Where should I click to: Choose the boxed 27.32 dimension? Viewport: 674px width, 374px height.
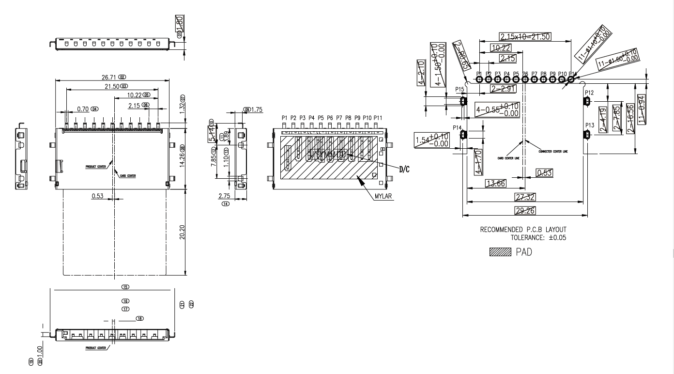525,196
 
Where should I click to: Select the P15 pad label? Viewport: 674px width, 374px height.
460,90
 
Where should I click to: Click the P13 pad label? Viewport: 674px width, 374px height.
589,125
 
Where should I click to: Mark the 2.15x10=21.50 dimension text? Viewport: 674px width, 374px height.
526,37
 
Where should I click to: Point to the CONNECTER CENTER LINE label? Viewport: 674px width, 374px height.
553,151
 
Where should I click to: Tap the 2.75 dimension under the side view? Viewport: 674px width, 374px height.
224,196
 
